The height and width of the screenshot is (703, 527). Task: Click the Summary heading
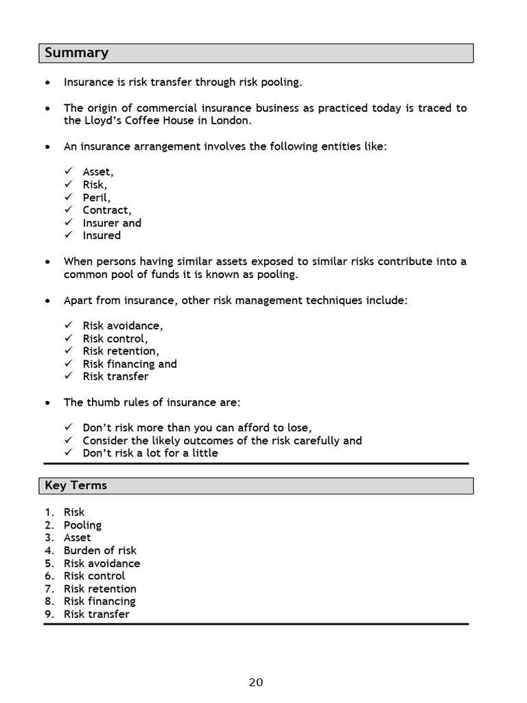[77, 54]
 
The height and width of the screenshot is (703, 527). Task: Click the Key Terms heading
[76, 485]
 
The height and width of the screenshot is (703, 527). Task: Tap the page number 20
[255, 682]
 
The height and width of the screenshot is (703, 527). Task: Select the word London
[231, 121]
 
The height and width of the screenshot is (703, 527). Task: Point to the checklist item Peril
[96, 198]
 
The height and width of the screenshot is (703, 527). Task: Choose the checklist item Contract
[107, 210]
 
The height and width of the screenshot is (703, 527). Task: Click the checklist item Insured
[102, 235]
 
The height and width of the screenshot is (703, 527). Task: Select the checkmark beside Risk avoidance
[69, 326]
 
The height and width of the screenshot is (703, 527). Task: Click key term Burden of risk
[100, 551]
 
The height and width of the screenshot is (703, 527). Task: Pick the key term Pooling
[82, 525]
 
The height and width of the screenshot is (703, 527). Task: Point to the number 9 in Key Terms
[49, 614]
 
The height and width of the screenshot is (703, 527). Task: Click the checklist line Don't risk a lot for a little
[150, 453]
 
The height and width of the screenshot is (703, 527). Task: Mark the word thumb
[101, 402]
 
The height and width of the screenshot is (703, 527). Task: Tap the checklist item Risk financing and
[130, 364]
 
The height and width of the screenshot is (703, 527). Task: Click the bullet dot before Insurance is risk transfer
[47, 83]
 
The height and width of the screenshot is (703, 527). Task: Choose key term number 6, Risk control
[95, 576]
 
